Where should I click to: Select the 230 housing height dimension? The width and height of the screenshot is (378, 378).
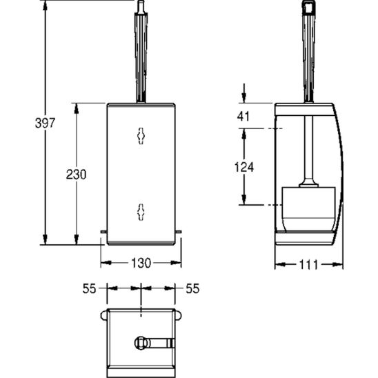[76, 175]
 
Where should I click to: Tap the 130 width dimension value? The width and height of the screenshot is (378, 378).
[141, 263]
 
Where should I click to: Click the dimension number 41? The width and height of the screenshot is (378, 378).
[243, 116]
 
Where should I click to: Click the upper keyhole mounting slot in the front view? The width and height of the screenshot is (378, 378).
[141, 136]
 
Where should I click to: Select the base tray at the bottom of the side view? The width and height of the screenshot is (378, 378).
[308, 239]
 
